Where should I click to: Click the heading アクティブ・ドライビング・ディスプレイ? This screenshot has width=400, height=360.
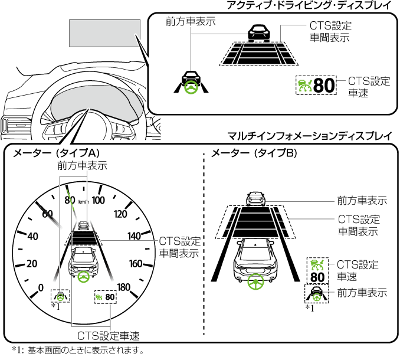309,6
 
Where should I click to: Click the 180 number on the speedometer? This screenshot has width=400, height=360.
123,287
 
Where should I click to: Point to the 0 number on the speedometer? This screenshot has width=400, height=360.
41,287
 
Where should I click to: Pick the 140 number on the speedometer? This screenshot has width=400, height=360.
134,236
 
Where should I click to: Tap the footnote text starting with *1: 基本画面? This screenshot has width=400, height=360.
76,351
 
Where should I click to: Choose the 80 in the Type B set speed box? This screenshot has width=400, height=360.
317,276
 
